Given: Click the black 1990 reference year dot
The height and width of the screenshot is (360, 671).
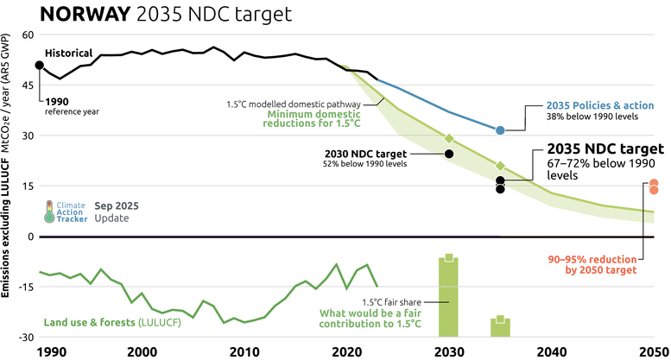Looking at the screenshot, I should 39,66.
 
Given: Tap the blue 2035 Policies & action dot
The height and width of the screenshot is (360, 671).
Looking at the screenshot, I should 500,129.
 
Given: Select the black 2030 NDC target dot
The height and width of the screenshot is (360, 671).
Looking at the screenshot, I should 449,154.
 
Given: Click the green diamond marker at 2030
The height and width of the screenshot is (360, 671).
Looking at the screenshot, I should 449,138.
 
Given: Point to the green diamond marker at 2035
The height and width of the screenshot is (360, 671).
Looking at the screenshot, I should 500,165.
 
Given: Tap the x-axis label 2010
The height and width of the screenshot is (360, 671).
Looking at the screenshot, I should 244,351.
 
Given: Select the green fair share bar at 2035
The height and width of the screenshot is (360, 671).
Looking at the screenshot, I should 500,328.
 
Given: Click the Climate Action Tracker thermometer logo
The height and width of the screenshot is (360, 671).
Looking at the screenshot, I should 50,212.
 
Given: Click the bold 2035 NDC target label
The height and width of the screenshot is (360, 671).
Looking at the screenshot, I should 605,148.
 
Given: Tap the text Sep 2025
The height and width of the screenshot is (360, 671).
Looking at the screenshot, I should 117,205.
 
